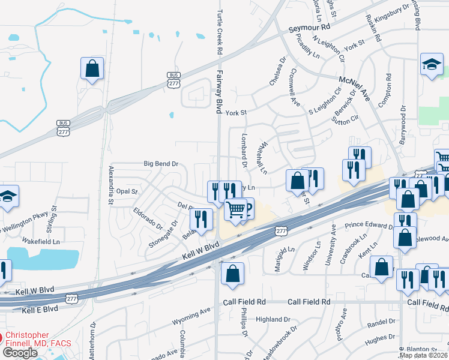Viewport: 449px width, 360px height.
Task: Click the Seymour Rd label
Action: click(309, 28)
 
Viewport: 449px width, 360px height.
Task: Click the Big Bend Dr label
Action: click(161, 163)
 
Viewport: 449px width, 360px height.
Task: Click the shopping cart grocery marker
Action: click(237, 209)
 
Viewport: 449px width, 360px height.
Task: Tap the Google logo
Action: click(20, 353)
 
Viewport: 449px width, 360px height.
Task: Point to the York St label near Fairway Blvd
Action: click(236, 112)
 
